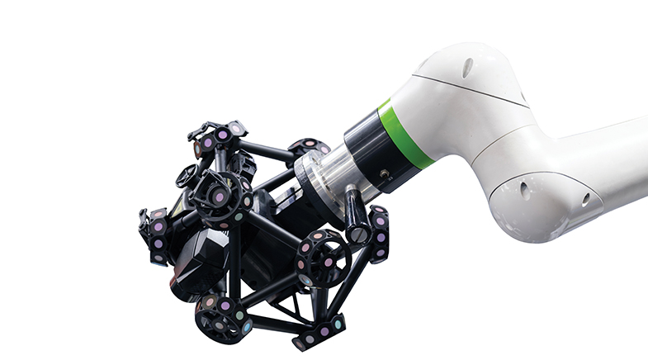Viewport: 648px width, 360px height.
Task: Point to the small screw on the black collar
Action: coord(385,174)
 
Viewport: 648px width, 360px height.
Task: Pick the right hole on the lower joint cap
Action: coord(585,199)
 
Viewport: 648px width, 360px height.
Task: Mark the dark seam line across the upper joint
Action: coord(471,88)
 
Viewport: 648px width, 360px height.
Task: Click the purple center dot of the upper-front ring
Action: coord(219,197)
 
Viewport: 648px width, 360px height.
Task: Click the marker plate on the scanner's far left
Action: coord(156,235)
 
